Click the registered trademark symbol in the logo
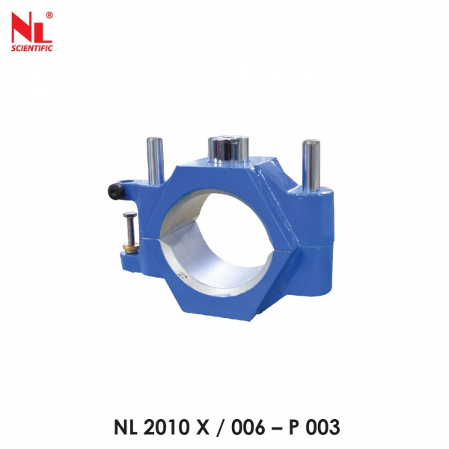click(x=49, y=15)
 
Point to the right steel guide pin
click(x=311, y=165)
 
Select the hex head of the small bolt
click(x=128, y=217)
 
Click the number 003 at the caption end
click(x=322, y=427)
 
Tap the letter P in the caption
click(x=294, y=427)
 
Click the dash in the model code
click(x=274, y=428)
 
